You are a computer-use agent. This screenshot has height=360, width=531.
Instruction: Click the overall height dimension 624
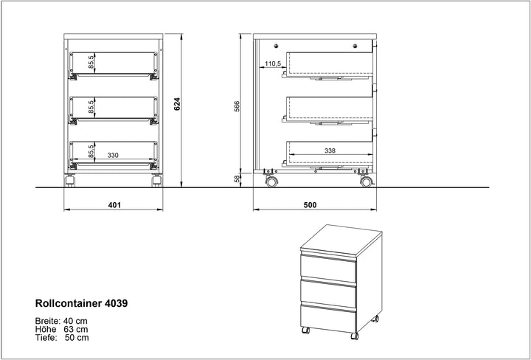click(176, 105)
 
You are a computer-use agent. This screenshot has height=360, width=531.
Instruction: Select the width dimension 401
click(114, 204)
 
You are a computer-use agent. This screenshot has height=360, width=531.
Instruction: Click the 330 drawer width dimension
click(114, 155)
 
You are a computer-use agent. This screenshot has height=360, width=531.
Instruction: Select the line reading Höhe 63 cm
click(62, 329)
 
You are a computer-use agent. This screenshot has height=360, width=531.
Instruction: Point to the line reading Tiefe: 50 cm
click(62, 338)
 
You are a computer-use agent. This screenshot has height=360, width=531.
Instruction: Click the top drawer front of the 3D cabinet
click(328, 266)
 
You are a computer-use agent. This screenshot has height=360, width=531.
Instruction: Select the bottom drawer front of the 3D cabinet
click(328, 319)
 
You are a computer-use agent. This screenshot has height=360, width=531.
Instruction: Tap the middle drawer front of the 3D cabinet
click(328, 293)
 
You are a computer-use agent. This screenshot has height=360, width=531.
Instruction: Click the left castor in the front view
click(71, 181)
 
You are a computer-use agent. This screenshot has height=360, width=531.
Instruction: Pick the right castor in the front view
click(156, 181)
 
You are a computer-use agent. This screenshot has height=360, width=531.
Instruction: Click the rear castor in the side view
click(271, 181)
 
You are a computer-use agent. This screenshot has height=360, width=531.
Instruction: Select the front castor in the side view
click(365, 181)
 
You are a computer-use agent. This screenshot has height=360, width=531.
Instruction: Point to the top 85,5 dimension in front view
click(91, 63)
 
